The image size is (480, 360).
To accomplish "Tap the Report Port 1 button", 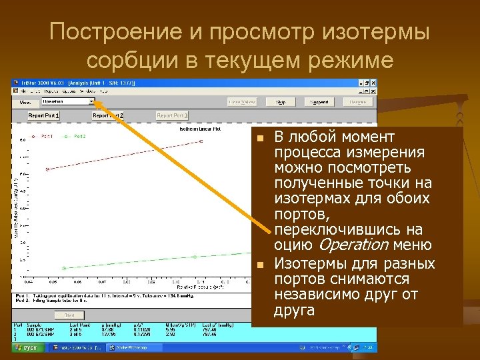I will (44, 115).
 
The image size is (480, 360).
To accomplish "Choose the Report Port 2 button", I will (108, 115).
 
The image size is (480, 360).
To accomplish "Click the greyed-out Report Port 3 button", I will (172, 115).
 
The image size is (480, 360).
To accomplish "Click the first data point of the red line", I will (47, 169).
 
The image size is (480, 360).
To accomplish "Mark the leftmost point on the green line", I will (64, 268).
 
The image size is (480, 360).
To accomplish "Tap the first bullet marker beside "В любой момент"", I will (261, 139).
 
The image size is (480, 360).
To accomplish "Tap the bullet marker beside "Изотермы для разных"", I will (261, 264).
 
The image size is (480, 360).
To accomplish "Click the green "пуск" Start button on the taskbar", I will (27, 347).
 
